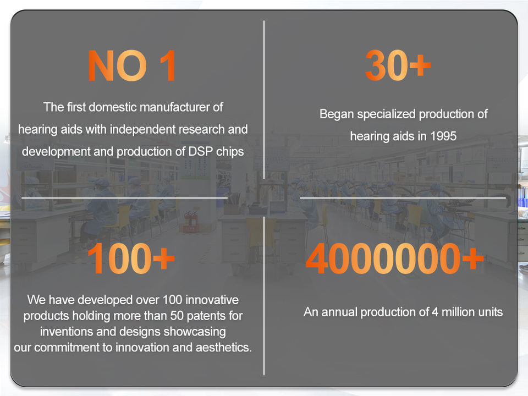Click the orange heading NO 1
pos(131,66)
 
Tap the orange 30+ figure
pos(398,65)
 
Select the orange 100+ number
pos(131,258)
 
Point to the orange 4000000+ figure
pos(394,258)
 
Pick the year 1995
pos(443,136)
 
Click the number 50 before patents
pos(177,316)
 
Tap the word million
pos(463,312)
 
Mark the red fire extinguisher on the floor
pos(191,222)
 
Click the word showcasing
pos(195,332)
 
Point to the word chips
pos(230,152)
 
